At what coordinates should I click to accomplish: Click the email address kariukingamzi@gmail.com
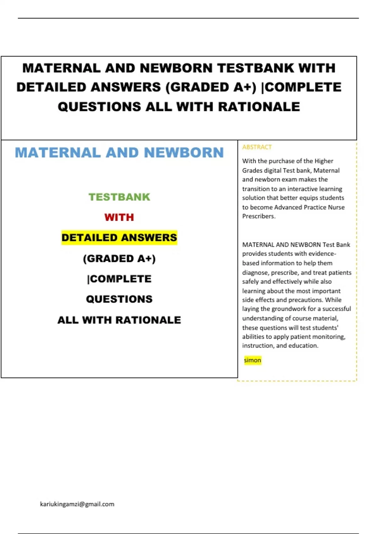[77, 504]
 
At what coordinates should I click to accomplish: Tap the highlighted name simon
[253, 360]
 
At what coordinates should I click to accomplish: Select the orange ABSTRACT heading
[257, 147]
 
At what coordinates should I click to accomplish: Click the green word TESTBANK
[119, 197]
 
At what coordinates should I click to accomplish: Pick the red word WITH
[119, 217]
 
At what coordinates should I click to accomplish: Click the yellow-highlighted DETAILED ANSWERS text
[119, 237]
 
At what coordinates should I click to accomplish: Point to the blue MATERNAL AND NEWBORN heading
[119, 153]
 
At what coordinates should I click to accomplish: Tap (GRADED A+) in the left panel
[119, 259]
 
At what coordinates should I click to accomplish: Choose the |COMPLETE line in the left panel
[119, 279]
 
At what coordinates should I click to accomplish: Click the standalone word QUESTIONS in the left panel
[119, 299]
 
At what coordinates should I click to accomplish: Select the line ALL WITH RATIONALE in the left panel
[119, 320]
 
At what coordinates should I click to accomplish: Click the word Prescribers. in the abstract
[259, 216]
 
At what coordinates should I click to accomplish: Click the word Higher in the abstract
[324, 161]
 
